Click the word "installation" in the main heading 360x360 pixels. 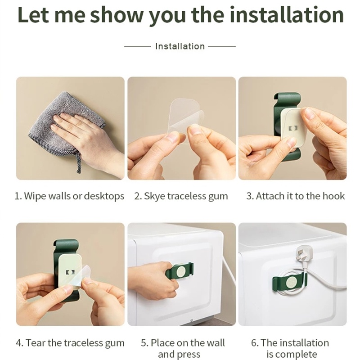287,15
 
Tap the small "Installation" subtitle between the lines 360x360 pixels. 180,46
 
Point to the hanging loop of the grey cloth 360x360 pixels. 78,163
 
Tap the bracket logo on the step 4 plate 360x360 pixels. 70,272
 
